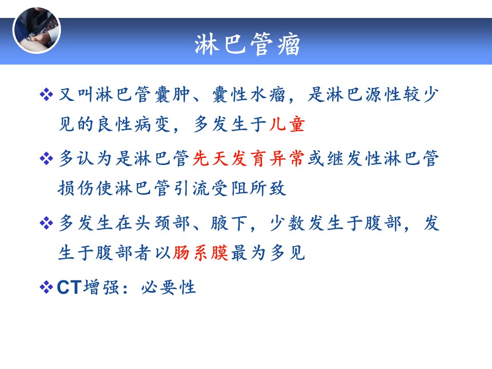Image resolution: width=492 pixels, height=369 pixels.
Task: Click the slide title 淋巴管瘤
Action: pyautogui.click(x=247, y=44)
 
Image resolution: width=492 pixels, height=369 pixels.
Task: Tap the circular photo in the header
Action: pyautogui.click(x=37, y=30)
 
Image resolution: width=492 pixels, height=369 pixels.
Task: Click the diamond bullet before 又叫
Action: pyautogui.click(x=47, y=94)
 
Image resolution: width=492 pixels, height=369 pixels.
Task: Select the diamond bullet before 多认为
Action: pyautogui.click(x=47, y=158)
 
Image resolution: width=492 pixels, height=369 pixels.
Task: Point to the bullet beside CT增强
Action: pyautogui.click(x=47, y=287)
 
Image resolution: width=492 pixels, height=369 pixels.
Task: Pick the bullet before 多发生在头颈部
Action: pyautogui.click(x=47, y=223)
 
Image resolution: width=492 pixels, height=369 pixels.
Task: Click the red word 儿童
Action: pyautogui.click(x=287, y=124)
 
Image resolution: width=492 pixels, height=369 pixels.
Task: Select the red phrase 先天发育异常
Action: pyautogui.click(x=248, y=158)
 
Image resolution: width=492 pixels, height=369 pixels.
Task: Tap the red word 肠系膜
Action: pyautogui.click(x=200, y=253)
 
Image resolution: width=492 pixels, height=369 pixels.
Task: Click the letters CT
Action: pyautogui.click(x=69, y=287)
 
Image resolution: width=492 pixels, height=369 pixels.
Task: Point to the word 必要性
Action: pyautogui.click(x=169, y=287)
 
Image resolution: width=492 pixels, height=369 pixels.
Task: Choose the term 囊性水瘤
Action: pyautogui.click(x=249, y=94)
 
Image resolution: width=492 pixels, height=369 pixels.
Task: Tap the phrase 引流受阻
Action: pyautogui.click(x=211, y=188)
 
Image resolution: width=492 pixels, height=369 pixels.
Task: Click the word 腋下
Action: pyautogui.click(x=229, y=223)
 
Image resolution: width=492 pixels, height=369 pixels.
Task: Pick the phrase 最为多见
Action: pyautogui.click(x=268, y=253)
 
